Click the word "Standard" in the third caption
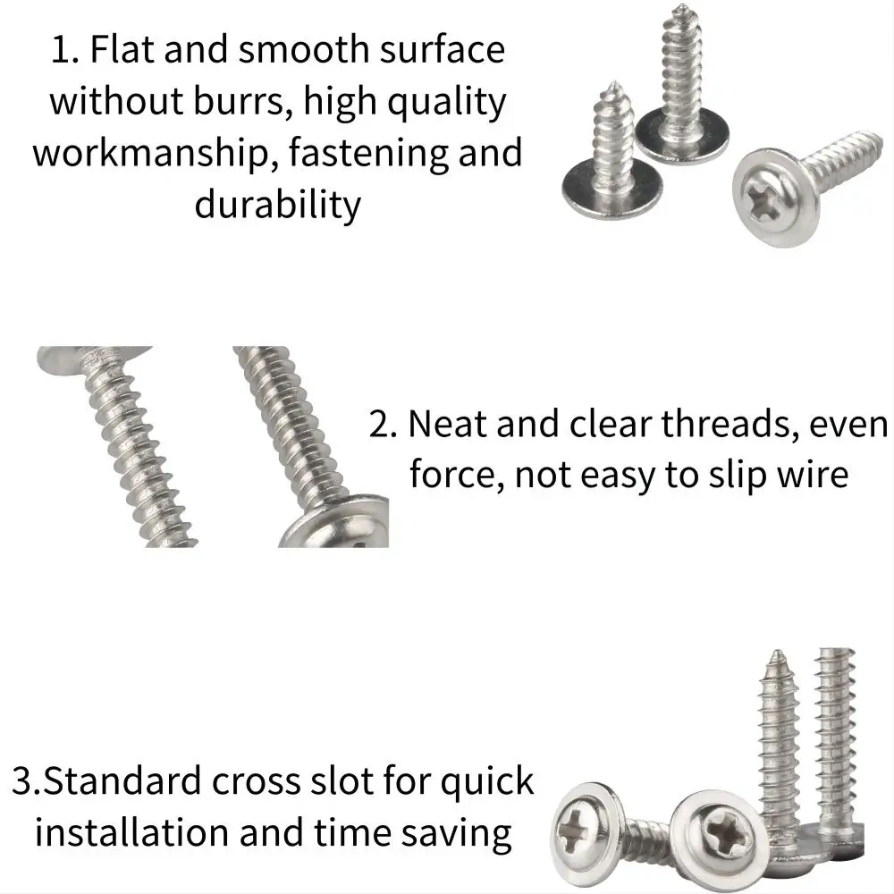tap(122, 780)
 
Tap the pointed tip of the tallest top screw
tap(679, 7)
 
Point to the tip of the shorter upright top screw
tap(613, 84)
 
